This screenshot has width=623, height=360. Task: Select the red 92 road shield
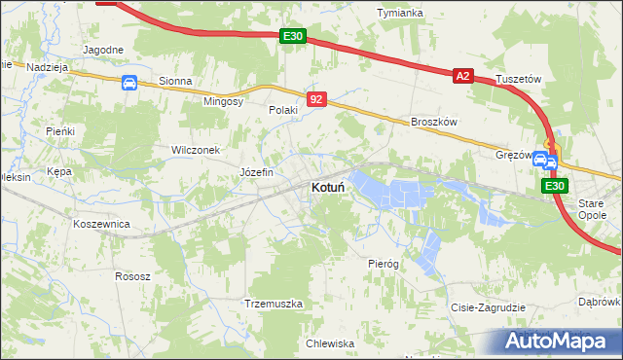point(315,99)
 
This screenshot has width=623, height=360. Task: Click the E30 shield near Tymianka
point(292,36)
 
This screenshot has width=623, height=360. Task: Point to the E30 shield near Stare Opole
point(554,186)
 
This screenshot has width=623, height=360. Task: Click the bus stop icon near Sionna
point(128,83)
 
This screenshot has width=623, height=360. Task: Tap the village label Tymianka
point(400,13)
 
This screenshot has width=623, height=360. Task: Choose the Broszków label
point(434,122)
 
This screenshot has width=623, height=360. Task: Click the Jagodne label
point(103,50)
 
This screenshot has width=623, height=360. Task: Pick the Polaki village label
point(283,111)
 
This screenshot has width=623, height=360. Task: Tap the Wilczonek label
point(198,151)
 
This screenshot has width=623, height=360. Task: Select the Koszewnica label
point(102,223)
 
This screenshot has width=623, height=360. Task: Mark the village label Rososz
point(132,276)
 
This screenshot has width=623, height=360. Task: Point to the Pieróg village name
point(384,264)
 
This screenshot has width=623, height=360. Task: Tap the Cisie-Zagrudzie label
point(488,307)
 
